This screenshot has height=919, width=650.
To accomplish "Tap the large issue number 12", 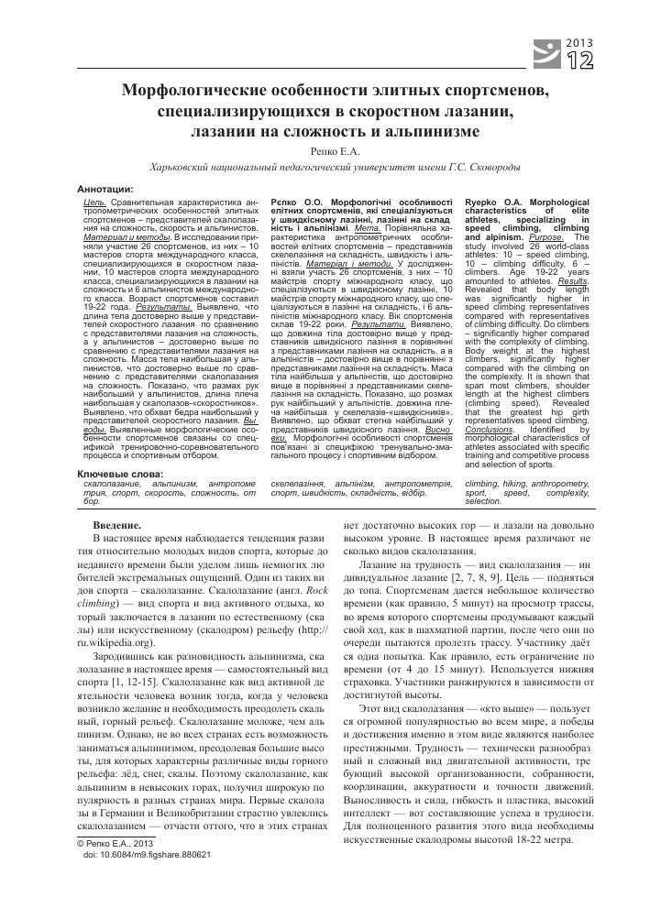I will (581, 60).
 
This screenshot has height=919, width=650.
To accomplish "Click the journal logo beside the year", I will (547, 52).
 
